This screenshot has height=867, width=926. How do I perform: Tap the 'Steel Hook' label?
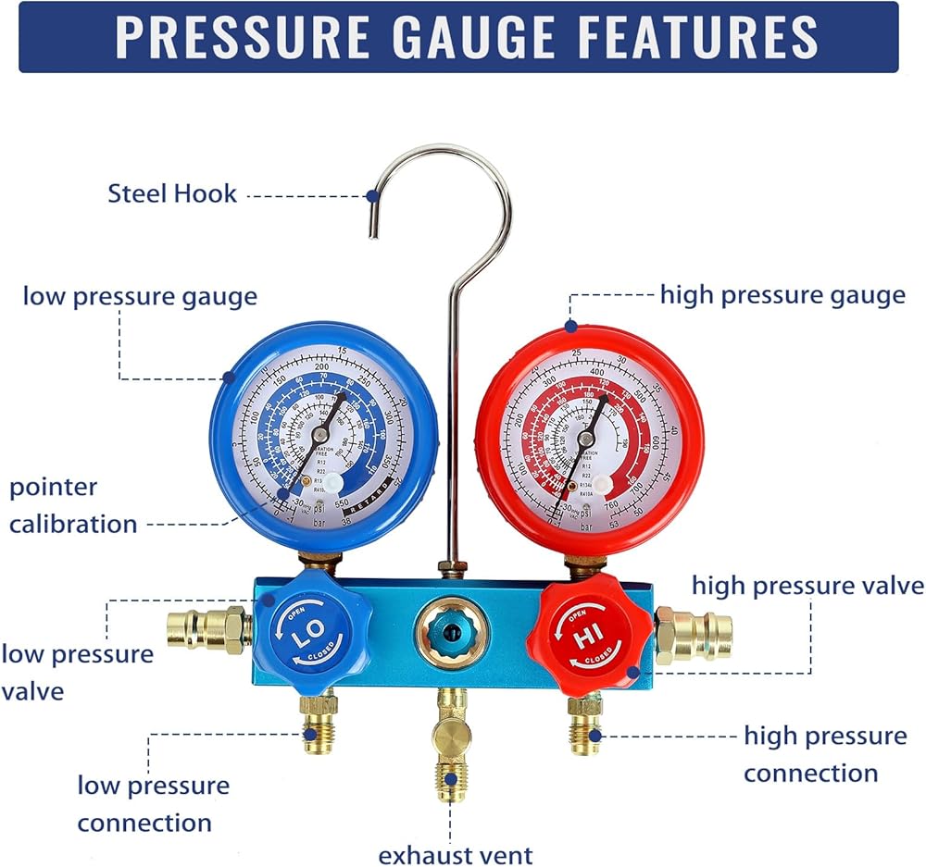pos(172,194)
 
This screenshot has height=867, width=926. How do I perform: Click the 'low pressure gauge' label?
pos(140,296)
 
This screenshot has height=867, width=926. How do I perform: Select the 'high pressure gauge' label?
pos(782,295)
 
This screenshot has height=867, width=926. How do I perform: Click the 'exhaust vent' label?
pos(455,854)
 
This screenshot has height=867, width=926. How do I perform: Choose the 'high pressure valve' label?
pos(807,586)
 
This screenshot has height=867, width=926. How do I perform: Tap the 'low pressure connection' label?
pos(153,803)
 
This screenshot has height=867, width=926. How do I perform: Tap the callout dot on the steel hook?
pos(371,195)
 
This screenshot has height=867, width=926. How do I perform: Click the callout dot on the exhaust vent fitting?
pos(450,779)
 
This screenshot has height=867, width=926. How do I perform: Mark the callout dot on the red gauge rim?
pos(570,327)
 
